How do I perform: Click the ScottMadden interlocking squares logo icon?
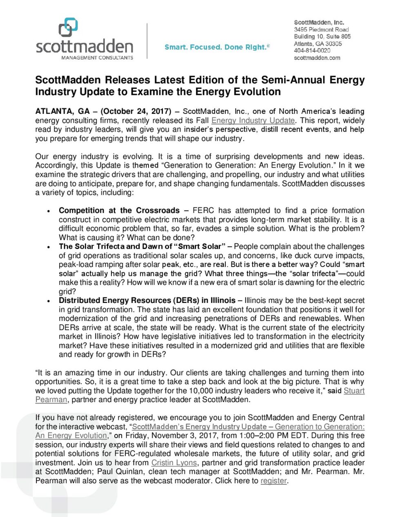point(68,27)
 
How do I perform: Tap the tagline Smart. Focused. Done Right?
point(217,47)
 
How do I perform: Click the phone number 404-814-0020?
point(312,51)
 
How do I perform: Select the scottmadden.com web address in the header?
point(317,58)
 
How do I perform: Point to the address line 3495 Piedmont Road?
point(321,29)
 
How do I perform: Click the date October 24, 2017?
point(136,111)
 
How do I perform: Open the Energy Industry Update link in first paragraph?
point(253,120)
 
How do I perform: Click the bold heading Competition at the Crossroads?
point(119,210)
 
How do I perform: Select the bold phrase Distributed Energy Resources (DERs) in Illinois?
point(147,300)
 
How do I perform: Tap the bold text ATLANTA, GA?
point(62,111)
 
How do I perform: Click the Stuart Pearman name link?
point(354,391)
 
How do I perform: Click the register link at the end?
point(273,481)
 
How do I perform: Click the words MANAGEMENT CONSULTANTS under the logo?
point(97,58)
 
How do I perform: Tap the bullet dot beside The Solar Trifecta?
point(49,247)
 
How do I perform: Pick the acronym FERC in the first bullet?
point(203,210)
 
